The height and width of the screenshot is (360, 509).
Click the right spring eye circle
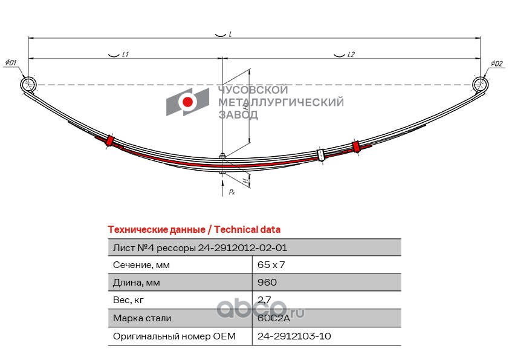481,84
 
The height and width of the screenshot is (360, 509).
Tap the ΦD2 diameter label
496,63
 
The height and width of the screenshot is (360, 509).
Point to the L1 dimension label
125,54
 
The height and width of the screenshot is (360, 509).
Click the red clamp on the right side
356,146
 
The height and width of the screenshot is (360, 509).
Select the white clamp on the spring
321,155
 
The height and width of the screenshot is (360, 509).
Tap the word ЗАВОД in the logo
238,115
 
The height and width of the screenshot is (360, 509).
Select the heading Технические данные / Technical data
193,230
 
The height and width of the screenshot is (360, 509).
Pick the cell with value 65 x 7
271,265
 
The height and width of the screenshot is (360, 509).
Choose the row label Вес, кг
128,300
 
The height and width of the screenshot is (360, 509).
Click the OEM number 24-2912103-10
294,336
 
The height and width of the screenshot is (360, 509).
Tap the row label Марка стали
142,318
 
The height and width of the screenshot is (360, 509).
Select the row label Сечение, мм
141,265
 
